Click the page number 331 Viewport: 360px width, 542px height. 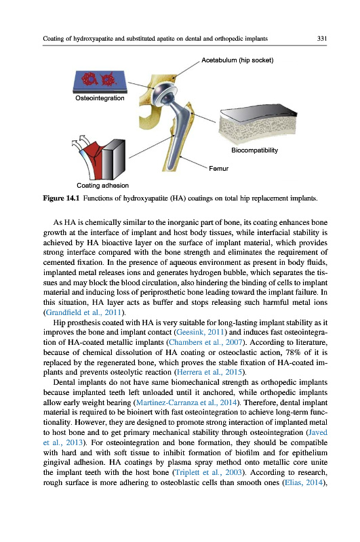click(x=321, y=39)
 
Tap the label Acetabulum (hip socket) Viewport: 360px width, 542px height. click(x=237, y=60)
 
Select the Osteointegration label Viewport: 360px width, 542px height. click(x=100, y=98)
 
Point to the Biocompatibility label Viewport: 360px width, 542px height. click(x=254, y=150)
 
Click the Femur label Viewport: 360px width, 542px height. click(x=218, y=169)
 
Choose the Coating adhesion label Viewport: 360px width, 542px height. click(x=102, y=186)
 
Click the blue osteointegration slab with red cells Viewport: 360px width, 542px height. click(x=100, y=81)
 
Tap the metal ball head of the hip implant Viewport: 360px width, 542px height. click(x=163, y=91)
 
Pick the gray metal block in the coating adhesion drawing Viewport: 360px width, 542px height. click(x=113, y=159)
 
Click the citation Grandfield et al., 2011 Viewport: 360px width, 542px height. click(x=83, y=312)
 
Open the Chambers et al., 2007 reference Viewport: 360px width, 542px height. click(x=205, y=342)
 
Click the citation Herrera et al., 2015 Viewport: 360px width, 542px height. click(x=209, y=372)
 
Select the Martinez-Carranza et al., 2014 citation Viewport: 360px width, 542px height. click(x=186, y=402)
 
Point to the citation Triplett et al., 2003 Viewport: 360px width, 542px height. click(x=208, y=472)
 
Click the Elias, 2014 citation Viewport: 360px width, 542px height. click(x=303, y=482)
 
